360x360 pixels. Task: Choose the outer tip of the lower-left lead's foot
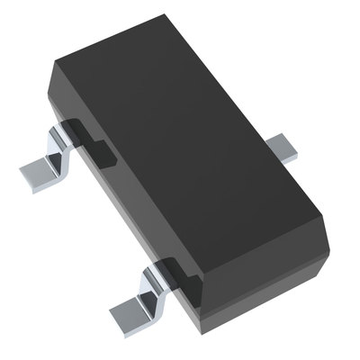(x=115, y=315)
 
